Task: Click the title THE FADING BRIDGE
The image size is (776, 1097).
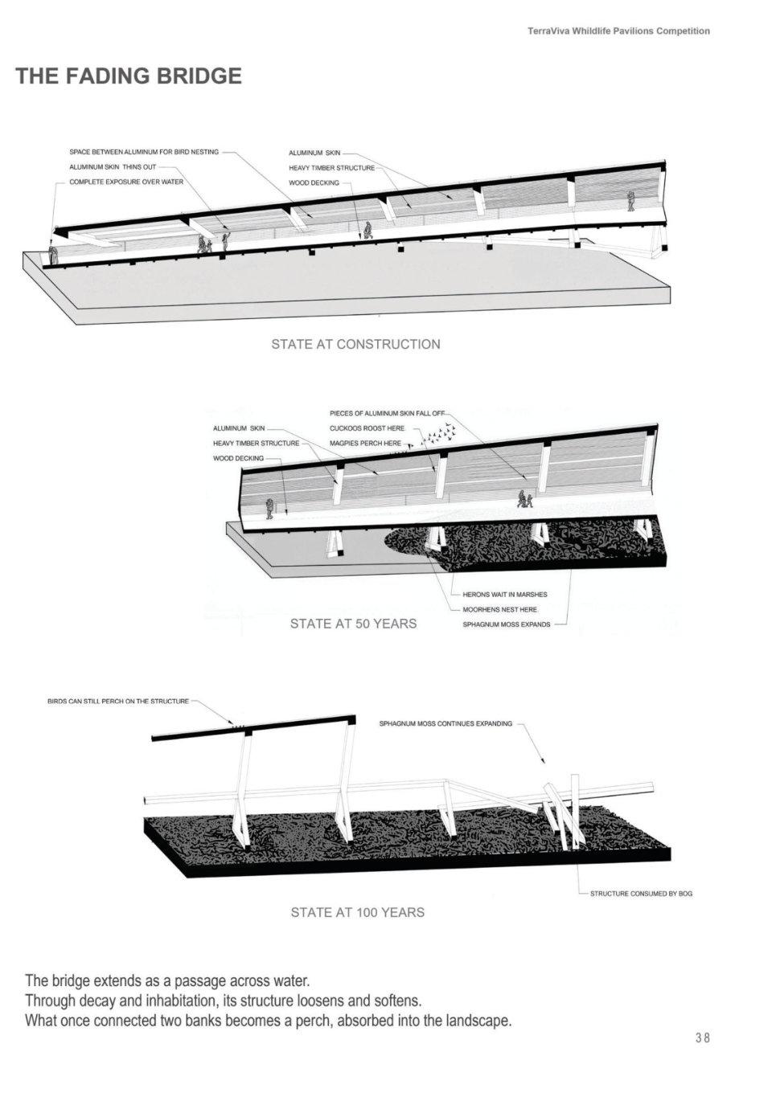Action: coord(129,76)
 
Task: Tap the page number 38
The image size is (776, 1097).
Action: coord(702,1038)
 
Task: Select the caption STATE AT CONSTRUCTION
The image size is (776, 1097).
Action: coord(355,344)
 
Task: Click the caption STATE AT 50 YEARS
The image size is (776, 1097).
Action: coord(353,623)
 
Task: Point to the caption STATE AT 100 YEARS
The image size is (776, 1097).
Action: coord(357,912)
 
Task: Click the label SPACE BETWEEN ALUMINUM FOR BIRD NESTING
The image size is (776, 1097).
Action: coord(144,152)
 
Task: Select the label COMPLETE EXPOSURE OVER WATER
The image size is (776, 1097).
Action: coord(126,182)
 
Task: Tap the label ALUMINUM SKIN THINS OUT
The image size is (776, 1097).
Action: coord(113,167)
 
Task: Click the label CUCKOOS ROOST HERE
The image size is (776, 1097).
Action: coord(367,428)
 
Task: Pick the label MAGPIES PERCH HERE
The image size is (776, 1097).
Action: coord(365,443)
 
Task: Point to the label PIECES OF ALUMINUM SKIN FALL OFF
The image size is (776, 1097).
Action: coord(387,413)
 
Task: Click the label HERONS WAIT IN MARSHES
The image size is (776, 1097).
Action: coord(505,595)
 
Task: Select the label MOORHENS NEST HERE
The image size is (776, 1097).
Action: coord(500,609)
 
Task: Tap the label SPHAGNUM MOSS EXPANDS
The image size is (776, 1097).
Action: coord(507,624)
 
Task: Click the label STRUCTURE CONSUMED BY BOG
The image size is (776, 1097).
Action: coord(641,894)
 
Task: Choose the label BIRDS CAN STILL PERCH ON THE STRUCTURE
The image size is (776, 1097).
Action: coord(118,701)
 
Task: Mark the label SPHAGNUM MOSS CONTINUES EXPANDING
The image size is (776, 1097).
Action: coord(445,724)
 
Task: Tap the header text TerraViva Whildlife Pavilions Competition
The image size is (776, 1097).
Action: coord(618,31)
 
